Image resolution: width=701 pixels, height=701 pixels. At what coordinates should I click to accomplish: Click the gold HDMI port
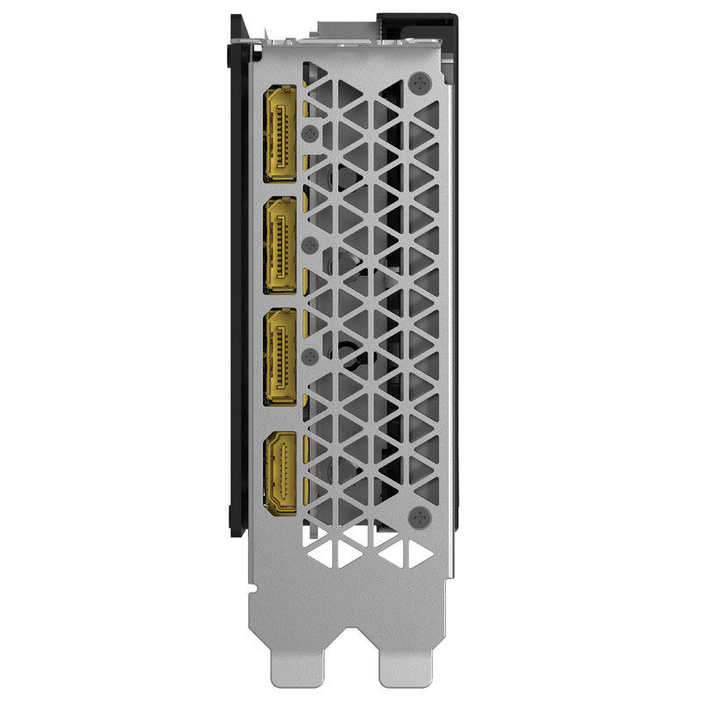[280, 474]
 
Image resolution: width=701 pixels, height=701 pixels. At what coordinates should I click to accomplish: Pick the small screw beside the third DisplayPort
[308, 354]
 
